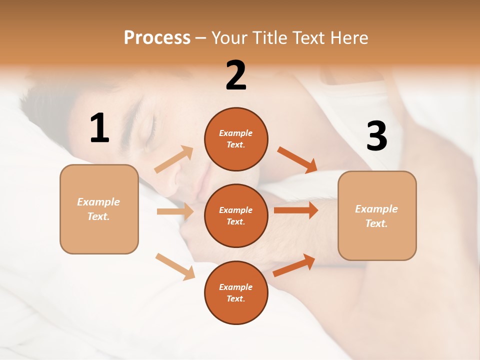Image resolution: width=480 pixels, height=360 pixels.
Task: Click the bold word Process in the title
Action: click(x=157, y=37)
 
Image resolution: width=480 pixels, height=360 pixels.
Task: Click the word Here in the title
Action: click(x=349, y=37)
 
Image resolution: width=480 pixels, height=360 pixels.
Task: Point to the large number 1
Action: click(x=99, y=128)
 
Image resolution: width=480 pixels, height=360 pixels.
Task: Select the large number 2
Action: click(x=236, y=75)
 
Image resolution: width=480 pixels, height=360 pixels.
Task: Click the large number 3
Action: click(x=376, y=136)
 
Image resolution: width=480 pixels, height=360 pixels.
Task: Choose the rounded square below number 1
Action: click(x=99, y=209)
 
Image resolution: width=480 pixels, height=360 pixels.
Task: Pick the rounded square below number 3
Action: click(x=377, y=215)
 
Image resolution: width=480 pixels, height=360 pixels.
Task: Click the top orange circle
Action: click(x=236, y=139)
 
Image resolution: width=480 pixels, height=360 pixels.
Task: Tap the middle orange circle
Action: click(x=236, y=215)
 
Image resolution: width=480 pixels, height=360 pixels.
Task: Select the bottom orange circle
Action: click(x=236, y=292)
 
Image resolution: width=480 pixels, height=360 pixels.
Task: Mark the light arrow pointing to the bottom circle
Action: click(x=175, y=266)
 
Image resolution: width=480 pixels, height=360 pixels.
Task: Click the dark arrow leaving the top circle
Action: click(x=297, y=159)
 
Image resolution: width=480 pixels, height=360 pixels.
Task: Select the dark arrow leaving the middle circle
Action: click(x=296, y=210)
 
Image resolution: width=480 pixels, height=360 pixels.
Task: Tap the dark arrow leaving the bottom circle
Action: click(x=294, y=265)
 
